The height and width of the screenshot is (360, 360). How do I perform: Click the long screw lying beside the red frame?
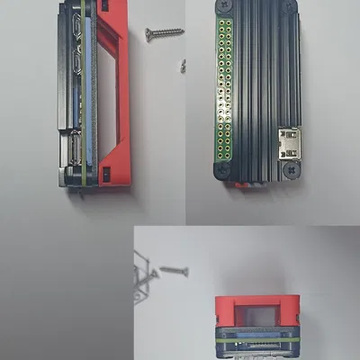coord(164,33)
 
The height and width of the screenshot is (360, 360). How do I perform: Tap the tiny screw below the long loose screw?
coord(183,64)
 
